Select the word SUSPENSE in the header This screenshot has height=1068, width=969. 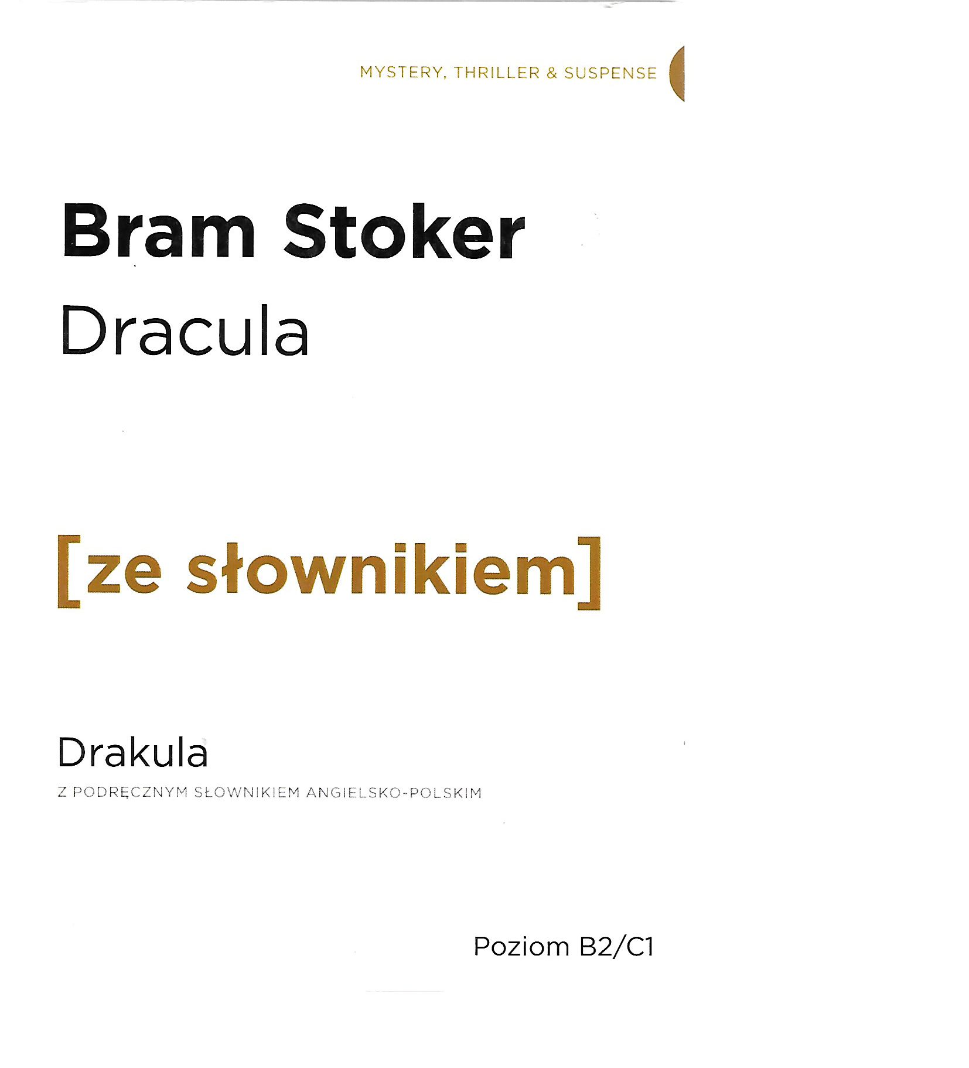pyautogui.click(x=610, y=73)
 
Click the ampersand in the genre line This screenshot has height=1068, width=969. pyautogui.click(x=552, y=73)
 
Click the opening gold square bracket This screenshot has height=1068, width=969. pyautogui.click(x=69, y=571)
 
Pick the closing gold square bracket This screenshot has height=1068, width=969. pyautogui.click(x=589, y=572)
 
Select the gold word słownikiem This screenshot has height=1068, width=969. pyautogui.click(x=381, y=568)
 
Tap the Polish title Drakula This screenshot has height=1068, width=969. pyautogui.click(x=132, y=752)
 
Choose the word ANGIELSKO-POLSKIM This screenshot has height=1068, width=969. pyautogui.click(x=394, y=793)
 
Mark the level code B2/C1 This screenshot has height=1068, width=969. pyautogui.click(x=616, y=947)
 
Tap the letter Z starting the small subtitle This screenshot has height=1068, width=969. pyautogui.click(x=62, y=793)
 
